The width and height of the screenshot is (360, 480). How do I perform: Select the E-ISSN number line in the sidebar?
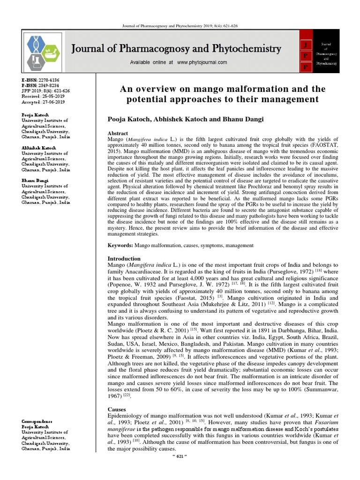(40, 81)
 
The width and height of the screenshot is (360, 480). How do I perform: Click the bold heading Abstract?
(118, 134)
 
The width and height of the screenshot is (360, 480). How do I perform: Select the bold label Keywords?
(120, 245)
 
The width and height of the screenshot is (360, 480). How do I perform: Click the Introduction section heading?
(124, 258)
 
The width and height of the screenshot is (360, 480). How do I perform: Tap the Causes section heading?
(117, 409)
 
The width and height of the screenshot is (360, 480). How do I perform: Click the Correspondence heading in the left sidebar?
(37, 422)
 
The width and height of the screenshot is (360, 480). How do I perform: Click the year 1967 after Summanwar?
(115, 396)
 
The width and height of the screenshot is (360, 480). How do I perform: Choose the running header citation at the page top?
(180, 26)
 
